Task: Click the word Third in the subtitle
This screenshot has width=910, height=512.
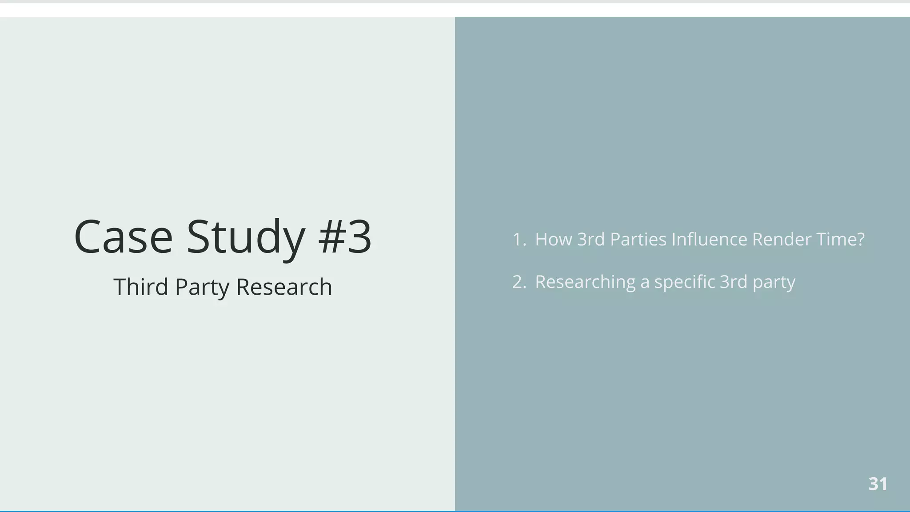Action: [141, 287]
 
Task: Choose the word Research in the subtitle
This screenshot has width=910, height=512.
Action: [284, 287]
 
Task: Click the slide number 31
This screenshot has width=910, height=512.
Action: [878, 484]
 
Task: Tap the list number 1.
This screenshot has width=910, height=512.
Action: [518, 240]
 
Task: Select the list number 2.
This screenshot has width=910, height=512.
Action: [518, 282]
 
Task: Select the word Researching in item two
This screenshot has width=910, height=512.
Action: [585, 282]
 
